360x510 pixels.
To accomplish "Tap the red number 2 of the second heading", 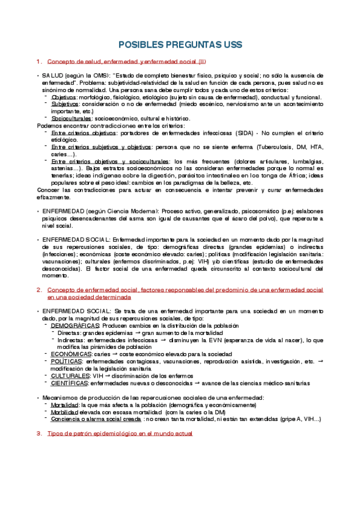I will [x=39, y=290].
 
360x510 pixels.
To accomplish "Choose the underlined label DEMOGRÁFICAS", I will [x=75, y=325].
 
